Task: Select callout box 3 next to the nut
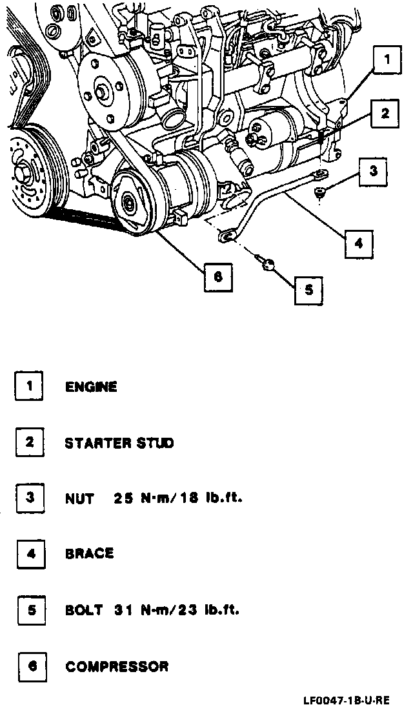point(373,173)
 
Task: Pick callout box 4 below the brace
point(359,243)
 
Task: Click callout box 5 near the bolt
point(308,291)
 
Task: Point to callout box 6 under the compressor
point(217,276)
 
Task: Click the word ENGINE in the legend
point(91,388)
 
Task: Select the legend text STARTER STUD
point(119,444)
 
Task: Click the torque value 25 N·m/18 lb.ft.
point(177,498)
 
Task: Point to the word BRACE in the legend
point(89,554)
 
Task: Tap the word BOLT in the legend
point(84,609)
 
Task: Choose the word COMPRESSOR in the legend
point(117,666)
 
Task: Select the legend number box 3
point(30,498)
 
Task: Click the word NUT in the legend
point(79,498)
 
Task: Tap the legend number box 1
point(30,387)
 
